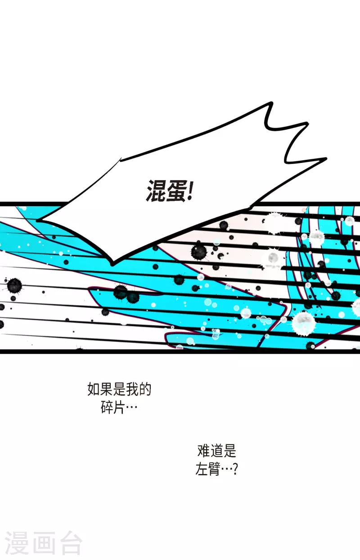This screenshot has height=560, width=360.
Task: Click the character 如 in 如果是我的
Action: [x=94, y=390]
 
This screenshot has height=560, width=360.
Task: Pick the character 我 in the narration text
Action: [x=132, y=390]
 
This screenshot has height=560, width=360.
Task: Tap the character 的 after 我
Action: [x=145, y=390]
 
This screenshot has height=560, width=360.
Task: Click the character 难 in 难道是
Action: [x=204, y=451]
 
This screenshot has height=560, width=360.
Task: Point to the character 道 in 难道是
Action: [x=217, y=451]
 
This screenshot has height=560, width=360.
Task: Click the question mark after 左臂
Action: [x=234, y=470]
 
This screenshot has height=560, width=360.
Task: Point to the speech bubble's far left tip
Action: [x=39, y=220]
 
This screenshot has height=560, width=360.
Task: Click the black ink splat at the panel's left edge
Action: [x=14, y=285]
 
